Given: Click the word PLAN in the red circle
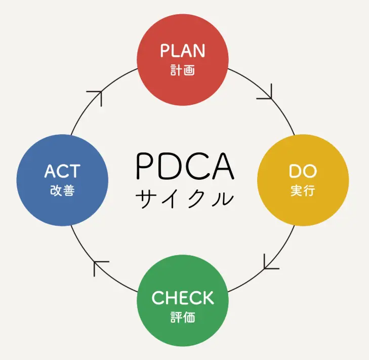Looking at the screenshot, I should tap(183, 51).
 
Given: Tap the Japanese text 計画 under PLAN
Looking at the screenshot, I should tap(183, 69).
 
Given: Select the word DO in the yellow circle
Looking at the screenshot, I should tap(303, 171).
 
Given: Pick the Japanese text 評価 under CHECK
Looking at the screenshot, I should tap(183, 318).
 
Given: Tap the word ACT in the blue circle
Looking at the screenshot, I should tap(62, 171).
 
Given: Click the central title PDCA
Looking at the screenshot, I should tap(185, 166).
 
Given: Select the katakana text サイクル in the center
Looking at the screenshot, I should tap(185, 197).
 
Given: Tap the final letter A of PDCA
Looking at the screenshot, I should tap(223, 166).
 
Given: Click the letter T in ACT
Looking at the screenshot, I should tap(75, 171).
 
